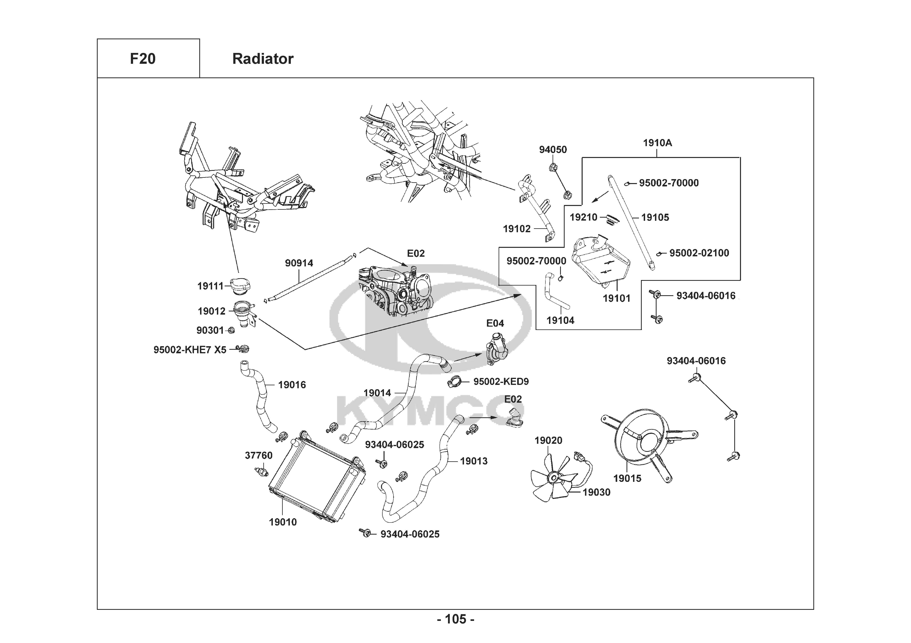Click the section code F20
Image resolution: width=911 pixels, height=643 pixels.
(143, 59)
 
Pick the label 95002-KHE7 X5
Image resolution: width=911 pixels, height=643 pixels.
(190, 350)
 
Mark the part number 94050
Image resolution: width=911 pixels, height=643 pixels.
(553, 150)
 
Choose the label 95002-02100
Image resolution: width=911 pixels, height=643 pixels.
(699, 253)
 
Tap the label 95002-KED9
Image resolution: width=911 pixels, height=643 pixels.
(501, 382)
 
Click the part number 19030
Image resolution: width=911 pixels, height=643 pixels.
(596, 492)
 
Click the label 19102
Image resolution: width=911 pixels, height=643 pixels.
(517, 229)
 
